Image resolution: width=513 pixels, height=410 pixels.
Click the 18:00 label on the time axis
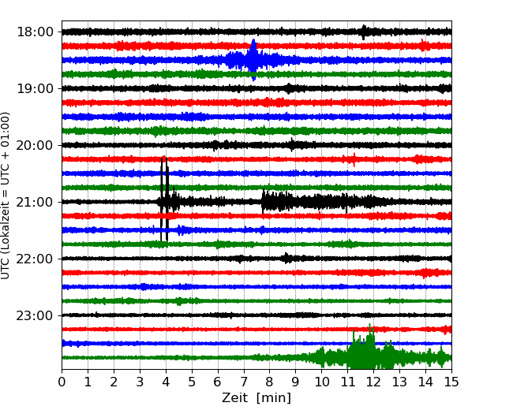pyautogui.click(x=35, y=32)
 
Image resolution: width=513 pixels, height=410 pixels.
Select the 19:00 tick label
pyautogui.click(x=35, y=88)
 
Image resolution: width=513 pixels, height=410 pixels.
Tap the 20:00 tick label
pyautogui.click(x=35, y=145)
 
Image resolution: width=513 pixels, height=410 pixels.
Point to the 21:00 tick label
pyautogui.click(x=35, y=202)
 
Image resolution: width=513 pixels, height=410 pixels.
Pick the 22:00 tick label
pyautogui.click(x=35, y=259)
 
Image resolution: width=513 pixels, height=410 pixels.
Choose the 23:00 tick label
pyautogui.click(x=35, y=315)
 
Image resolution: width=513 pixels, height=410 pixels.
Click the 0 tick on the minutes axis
pyautogui.click(x=62, y=382)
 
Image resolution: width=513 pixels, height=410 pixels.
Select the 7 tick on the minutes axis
pyautogui.click(x=244, y=382)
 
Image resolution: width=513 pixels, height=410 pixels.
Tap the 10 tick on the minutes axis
pyautogui.click(x=321, y=382)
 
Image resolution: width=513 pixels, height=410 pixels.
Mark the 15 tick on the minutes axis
pyautogui.click(x=451, y=382)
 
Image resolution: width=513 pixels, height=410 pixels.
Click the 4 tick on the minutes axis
pyautogui.click(x=166, y=382)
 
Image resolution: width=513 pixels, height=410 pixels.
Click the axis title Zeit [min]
pyautogui.click(x=256, y=398)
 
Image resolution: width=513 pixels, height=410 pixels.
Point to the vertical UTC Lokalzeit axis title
pyautogui.click(x=6, y=196)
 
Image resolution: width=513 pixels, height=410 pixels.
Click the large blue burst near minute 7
pyautogui.click(x=253, y=59)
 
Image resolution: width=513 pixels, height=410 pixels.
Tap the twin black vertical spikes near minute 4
pyautogui.click(x=164, y=199)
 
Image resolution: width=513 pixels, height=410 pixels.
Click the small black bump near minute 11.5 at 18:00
pyautogui.click(x=364, y=32)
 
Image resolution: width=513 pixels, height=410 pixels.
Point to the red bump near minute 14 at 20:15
pyautogui.click(x=418, y=159)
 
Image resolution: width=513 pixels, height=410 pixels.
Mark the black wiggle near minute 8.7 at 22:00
pyautogui.click(x=287, y=259)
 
